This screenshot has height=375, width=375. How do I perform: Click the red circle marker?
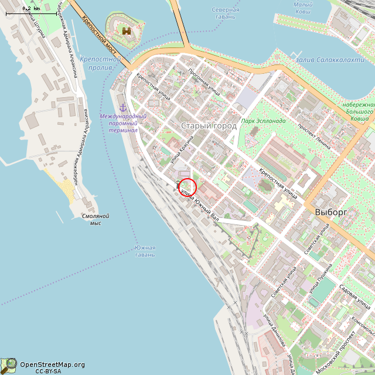187,187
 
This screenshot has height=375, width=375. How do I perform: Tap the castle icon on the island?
125,30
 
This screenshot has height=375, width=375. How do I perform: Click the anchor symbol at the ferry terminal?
123,107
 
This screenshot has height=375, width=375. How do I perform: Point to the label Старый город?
209,126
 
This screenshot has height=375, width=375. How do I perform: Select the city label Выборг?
331,212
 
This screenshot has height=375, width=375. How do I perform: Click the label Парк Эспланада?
264,121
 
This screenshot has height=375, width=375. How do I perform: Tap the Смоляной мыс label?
96,220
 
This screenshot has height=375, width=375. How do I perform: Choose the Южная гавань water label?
145,251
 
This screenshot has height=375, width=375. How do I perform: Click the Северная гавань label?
226,13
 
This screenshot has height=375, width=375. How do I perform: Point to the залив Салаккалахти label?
326,60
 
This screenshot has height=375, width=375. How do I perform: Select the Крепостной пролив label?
100,63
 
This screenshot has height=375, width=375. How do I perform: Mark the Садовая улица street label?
356,296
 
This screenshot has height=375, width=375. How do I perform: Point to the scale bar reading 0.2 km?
32,9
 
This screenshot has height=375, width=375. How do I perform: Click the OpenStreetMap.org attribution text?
52,364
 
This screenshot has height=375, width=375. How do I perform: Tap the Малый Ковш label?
302,8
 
